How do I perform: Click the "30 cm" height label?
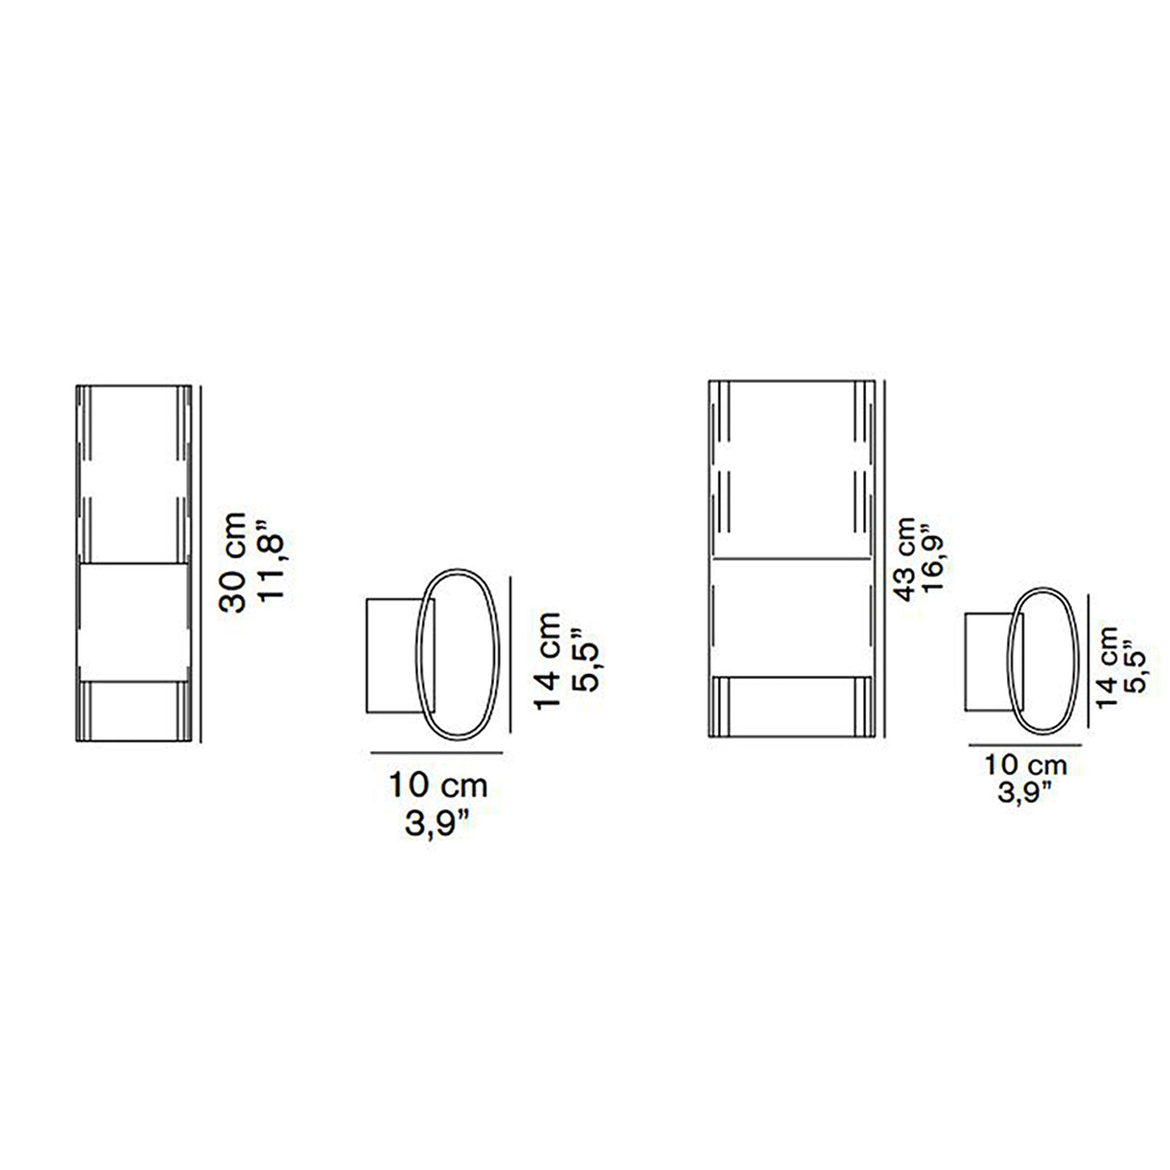(234, 563)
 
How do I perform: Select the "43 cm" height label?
(905, 561)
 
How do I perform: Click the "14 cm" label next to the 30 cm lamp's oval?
(548, 661)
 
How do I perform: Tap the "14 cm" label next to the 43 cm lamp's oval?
(1109, 667)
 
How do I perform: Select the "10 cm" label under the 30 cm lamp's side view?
(437, 784)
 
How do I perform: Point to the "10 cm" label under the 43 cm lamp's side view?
(1025, 765)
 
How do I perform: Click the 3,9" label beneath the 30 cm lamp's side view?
(437, 824)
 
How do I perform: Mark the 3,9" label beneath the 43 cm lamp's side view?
(1025, 792)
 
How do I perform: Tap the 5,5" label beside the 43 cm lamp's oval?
(1135, 667)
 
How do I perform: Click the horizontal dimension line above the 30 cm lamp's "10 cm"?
(437, 753)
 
